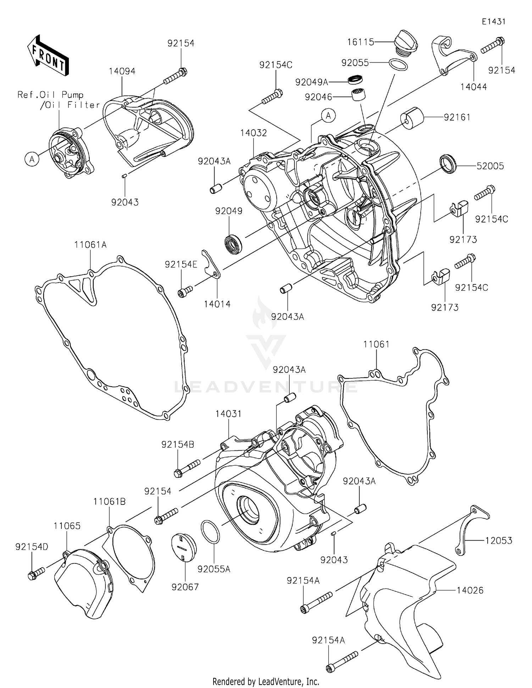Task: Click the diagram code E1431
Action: (493, 22)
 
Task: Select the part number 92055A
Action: (214, 569)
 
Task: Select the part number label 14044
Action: (473, 87)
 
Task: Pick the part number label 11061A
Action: (90, 245)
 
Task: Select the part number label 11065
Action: (67, 526)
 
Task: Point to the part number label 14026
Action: (470, 590)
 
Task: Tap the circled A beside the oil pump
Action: (32, 159)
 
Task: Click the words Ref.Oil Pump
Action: (51, 95)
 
